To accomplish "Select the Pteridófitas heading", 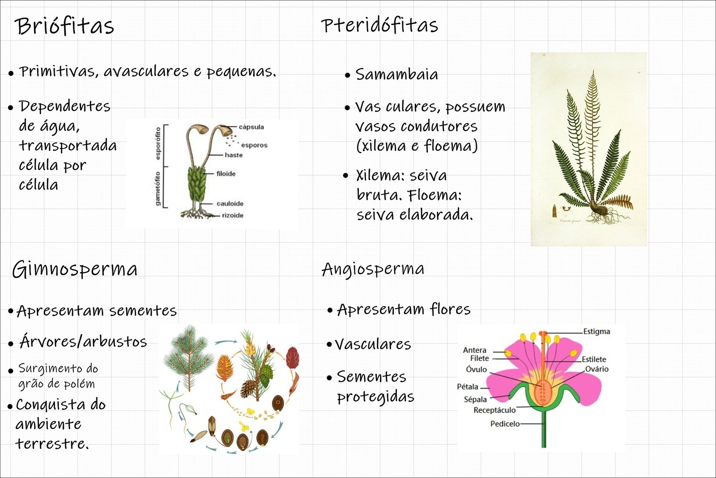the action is [379, 25].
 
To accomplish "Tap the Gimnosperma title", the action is [75, 269].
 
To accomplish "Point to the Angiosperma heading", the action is [373, 269].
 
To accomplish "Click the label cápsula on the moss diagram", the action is [251, 127].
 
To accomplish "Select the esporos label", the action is [254, 145].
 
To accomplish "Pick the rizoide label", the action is [233, 215].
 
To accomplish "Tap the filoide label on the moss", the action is [226, 174].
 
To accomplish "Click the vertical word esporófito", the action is [158, 143].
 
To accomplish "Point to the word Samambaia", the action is [396, 74].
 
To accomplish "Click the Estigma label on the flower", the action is [597, 332].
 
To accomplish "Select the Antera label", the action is [474, 350].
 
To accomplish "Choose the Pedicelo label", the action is [505, 424].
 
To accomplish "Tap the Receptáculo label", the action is [494, 410].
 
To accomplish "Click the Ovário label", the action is [597, 369].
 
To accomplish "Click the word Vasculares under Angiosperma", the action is [373, 345].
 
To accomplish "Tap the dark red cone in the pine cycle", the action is [292, 357].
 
